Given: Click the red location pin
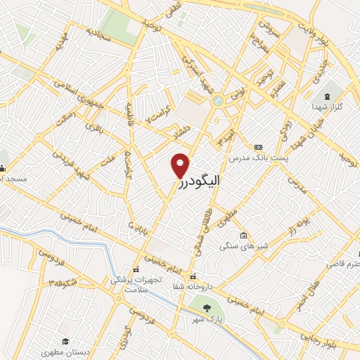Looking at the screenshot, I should coord(181,165).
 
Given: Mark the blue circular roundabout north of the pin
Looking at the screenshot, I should coord(218,101).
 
